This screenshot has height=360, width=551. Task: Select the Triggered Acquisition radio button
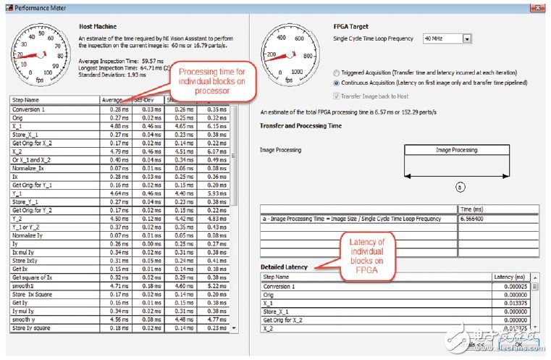337,74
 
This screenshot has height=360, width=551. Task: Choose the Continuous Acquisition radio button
337,83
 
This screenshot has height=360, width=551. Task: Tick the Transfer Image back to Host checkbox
337,96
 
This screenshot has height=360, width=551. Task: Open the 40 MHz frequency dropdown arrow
467,38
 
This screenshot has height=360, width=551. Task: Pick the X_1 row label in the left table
18,125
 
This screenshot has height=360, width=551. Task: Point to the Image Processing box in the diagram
456,150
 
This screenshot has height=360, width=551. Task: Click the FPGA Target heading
353,26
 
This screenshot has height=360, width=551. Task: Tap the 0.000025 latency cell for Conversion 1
514,286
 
